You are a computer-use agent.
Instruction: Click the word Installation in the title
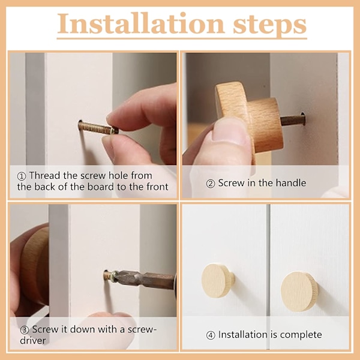coord(140,24)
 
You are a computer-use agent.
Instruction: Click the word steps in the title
coord(270,26)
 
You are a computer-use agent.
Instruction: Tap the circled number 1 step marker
coord(22,176)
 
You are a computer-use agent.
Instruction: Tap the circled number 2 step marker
coord(211,184)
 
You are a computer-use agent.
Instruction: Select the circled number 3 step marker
coord(25,330)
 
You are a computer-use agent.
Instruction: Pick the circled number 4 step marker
coord(211,335)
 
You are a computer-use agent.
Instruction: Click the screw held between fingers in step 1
coord(98,128)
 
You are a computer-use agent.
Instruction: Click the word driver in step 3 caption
coord(33,340)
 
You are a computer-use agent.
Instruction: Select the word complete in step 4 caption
coord(301,335)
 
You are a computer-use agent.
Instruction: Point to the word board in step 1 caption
coord(101,187)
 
